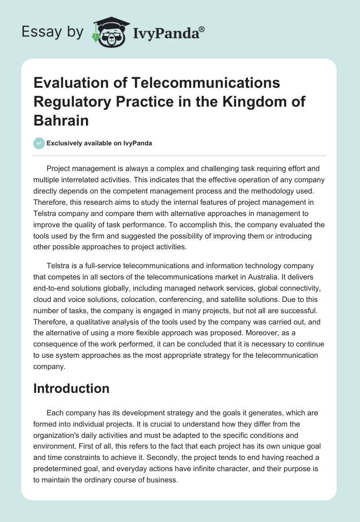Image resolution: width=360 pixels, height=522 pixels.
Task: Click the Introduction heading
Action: coord(71,389)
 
